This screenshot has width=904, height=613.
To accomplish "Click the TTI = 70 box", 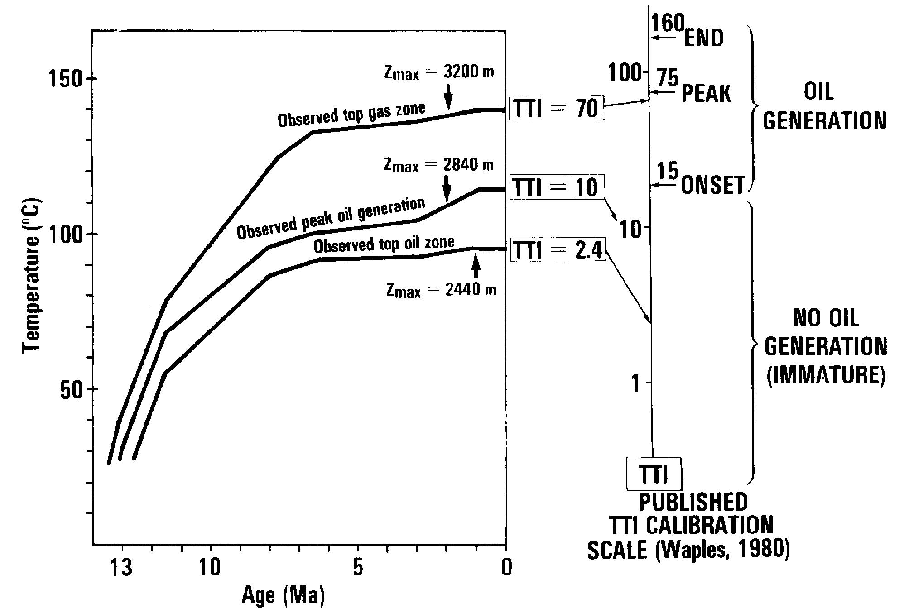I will [557, 108].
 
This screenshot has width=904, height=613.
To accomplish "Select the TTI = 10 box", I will [557, 187].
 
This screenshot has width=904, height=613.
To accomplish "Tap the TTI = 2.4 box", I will [558, 250].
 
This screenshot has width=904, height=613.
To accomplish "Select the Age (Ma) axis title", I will [284, 595].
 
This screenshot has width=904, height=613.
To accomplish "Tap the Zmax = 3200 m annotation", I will [438, 72].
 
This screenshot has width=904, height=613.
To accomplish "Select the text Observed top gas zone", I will [351, 115].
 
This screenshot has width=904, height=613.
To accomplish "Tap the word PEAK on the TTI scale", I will [706, 94].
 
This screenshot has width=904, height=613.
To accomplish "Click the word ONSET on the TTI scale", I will [713, 185].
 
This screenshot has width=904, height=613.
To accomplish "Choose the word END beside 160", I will [703, 38].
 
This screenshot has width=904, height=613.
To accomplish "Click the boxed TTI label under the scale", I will [653, 474].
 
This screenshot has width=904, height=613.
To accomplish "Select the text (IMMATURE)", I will [826, 375].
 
